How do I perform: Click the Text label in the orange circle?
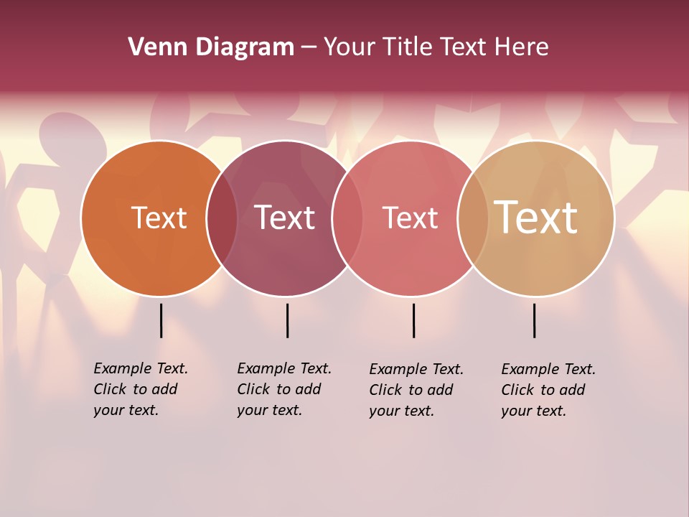point(159,218)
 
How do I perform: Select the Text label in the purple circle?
point(285,218)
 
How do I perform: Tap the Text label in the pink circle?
point(410,218)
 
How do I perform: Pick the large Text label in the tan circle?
point(536,217)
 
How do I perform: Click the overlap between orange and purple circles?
point(222,218)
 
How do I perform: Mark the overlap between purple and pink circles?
point(348,218)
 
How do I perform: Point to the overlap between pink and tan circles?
point(473,218)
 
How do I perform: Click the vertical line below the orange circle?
point(161,320)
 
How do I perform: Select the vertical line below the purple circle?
point(287,320)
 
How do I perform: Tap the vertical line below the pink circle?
point(413,320)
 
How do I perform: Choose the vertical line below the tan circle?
point(534,320)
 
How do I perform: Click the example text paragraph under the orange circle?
point(141,389)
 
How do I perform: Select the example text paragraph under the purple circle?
point(284,389)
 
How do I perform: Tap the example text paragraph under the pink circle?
point(416,390)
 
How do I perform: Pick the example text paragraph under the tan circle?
point(548,390)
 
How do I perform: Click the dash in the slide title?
point(309,48)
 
